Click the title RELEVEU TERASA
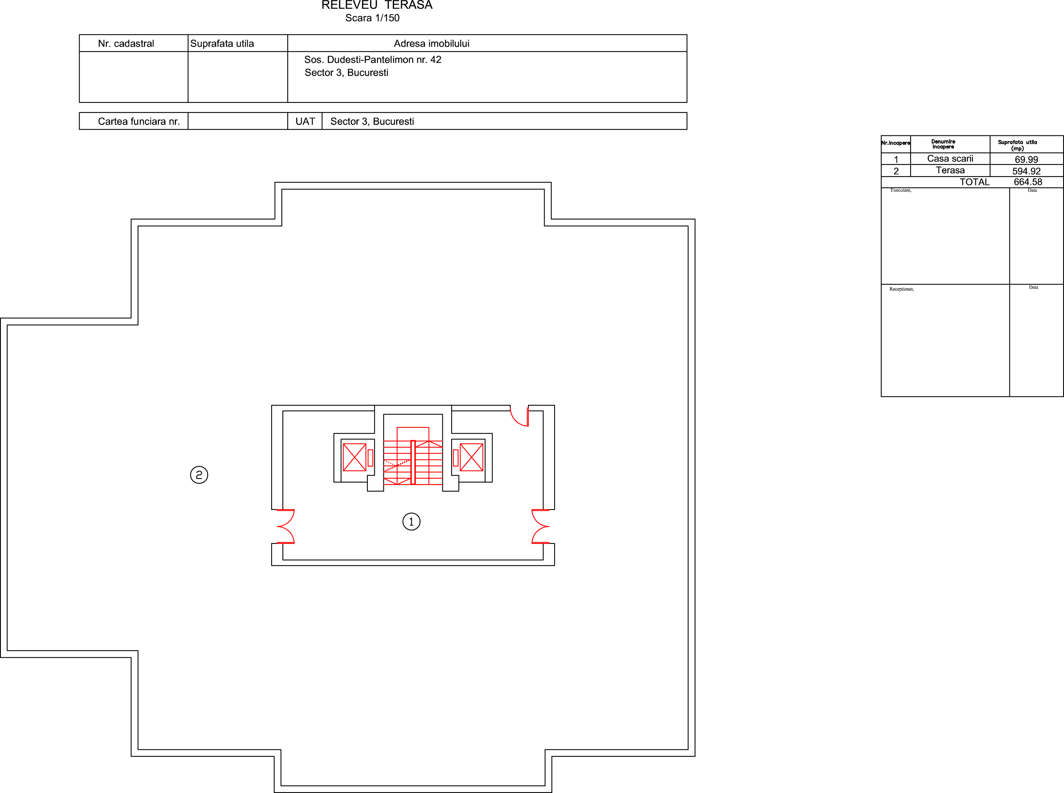pyautogui.click(x=377, y=5)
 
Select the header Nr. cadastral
pyautogui.click(x=126, y=44)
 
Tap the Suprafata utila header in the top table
pyautogui.click(x=222, y=44)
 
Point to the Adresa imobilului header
pyautogui.click(x=431, y=44)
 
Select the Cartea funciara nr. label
pyautogui.click(x=139, y=121)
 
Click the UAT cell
pyautogui.click(x=305, y=121)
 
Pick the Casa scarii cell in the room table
pyautogui.click(x=950, y=159)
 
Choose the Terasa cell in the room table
pyautogui.click(x=950, y=170)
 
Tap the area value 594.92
pyautogui.click(x=1026, y=171)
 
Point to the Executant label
pyautogui.click(x=901, y=190)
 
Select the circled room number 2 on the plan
pyautogui.click(x=199, y=475)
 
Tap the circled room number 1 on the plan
pyautogui.click(x=411, y=521)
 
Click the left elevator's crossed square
pyautogui.click(x=354, y=457)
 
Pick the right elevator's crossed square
pyautogui.click(x=471, y=457)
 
